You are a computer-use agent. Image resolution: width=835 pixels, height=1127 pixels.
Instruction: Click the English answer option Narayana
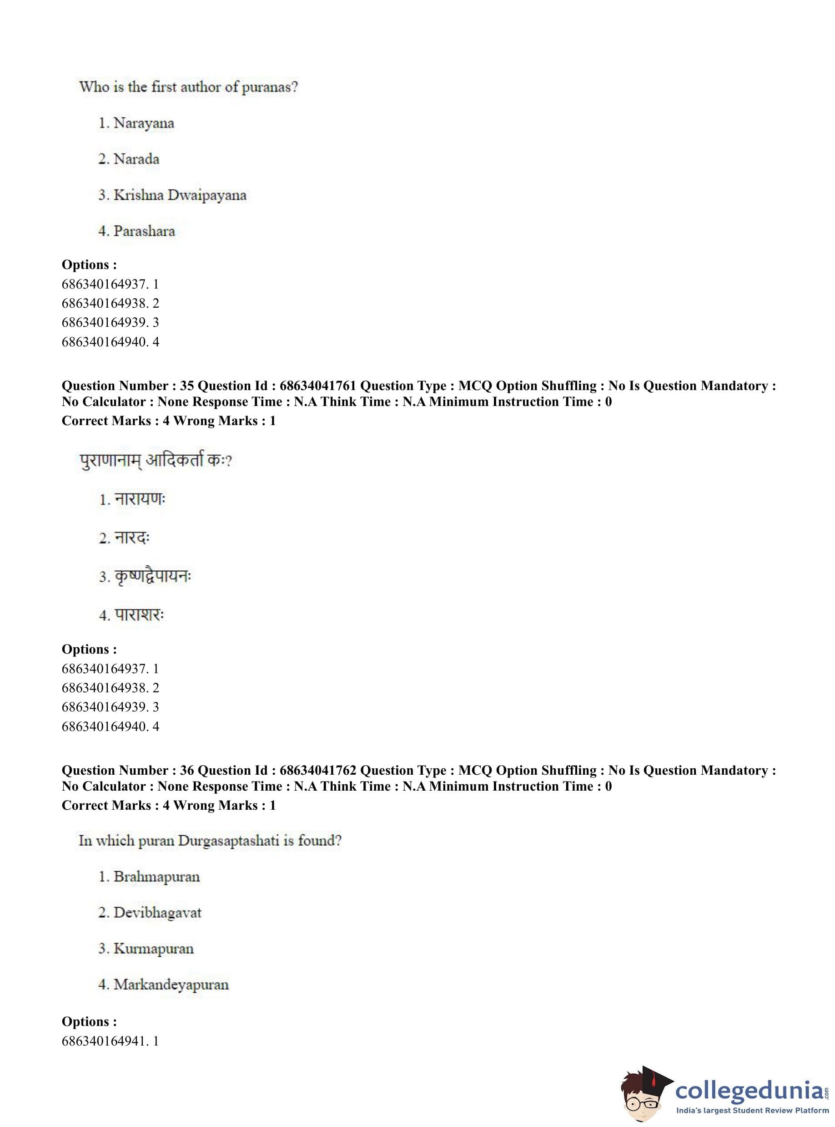point(144,123)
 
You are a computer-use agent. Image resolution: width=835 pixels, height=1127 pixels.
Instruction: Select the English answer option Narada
point(136,159)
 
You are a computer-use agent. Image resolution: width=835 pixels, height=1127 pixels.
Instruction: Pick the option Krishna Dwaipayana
point(180,195)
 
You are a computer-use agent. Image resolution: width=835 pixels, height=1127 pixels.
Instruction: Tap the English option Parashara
point(144,231)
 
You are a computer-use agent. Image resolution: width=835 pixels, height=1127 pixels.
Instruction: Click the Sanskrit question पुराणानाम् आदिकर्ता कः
point(155,461)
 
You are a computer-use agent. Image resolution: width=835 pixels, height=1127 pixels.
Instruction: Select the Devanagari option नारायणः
point(140,499)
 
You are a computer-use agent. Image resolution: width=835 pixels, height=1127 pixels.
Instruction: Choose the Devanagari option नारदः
point(132,538)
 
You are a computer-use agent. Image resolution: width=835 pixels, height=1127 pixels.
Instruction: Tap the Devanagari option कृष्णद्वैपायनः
point(153,577)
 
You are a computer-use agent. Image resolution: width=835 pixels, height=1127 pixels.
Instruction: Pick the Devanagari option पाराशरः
point(140,615)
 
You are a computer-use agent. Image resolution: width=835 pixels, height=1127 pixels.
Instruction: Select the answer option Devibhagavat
point(157,913)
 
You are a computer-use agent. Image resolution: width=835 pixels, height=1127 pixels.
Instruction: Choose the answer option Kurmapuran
point(153,949)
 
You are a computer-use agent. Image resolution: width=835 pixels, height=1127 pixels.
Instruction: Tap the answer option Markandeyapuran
point(171,985)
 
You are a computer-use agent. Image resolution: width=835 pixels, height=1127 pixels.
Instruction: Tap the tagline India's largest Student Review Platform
point(752,1110)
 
